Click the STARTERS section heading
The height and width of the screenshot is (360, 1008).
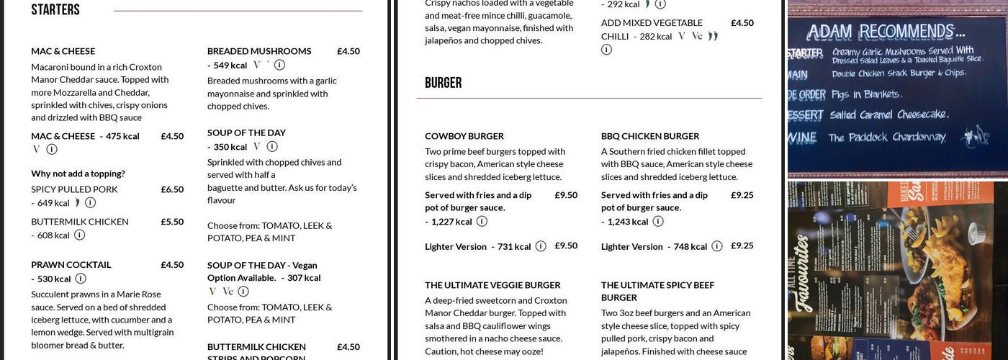(x=55, y=10)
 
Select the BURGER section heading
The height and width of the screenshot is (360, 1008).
(x=443, y=83)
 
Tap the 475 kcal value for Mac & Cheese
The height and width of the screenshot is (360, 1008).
(x=122, y=136)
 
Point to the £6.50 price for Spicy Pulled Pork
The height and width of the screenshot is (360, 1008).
(x=172, y=189)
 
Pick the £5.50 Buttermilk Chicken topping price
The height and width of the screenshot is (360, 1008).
(x=172, y=222)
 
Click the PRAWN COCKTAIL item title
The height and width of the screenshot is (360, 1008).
(x=71, y=265)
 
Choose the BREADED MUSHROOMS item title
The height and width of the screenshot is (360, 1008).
(x=259, y=51)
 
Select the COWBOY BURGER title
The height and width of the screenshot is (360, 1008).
(x=464, y=136)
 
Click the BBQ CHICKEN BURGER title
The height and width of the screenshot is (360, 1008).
(x=650, y=136)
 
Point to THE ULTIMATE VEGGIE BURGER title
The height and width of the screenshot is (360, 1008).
(x=492, y=285)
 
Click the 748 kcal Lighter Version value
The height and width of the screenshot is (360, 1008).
(x=690, y=247)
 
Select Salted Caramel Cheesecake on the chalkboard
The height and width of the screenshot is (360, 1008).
(x=889, y=114)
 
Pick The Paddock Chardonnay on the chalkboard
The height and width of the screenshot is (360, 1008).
(x=887, y=138)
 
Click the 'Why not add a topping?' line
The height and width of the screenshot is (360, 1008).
(x=78, y=174)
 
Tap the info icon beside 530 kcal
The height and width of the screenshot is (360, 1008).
(x=81, y=279)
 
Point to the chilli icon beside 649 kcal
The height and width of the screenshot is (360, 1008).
(x=77, y=203)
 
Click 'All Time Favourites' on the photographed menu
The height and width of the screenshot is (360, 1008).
(x=804, y=274)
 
